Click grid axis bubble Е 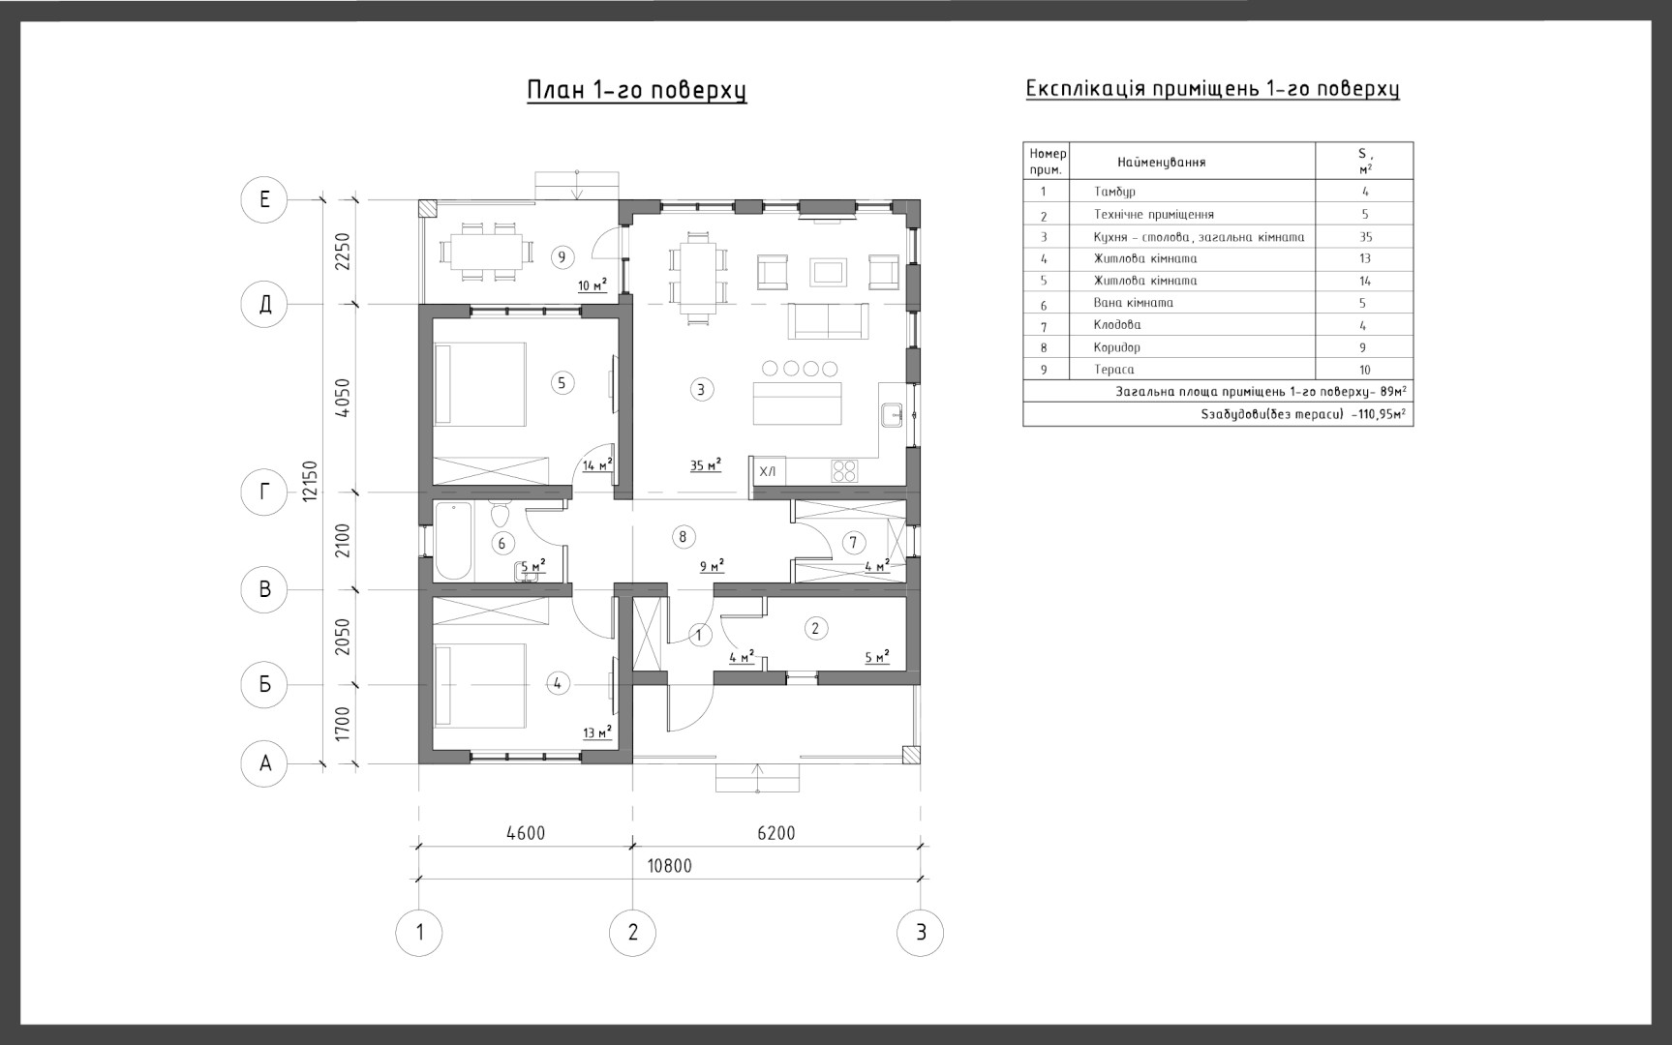pos(264,199)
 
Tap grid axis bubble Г pos(264,493)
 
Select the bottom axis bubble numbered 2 pos(633,933)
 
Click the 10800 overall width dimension pos(670,866)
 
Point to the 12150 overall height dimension pos(310,481)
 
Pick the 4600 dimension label pos(526,833)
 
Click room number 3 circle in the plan pos(701,389)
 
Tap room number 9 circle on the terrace pos(562,256)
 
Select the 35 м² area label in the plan pos(706,465)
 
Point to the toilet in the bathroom pos(500,514)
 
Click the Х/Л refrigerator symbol pos(768,471)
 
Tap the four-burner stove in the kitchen pos(844,471)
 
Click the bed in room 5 pos(480,383)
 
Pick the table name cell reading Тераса pos(1113,370)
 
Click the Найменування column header pos(1162,163)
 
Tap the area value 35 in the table pos(1365,237)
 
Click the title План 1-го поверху pos(637,90)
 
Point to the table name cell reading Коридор pos(1117,347)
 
